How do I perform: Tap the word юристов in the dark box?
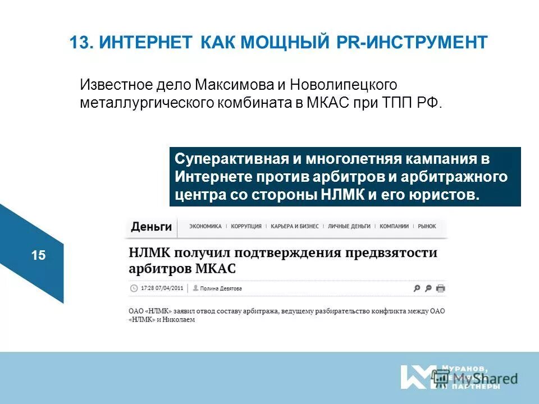click(450, 195)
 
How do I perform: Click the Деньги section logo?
click(151, 227)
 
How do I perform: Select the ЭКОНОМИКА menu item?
click(205, 226)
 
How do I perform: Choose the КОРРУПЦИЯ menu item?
click(246, 226)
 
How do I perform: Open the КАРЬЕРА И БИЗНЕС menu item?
click(294, 226)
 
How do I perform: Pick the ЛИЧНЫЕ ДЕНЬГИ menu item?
click(349, 226)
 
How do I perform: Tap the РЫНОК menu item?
click(427, 226)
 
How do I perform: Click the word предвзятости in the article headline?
click(390, 252)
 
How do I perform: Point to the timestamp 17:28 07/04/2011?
click(162, 288)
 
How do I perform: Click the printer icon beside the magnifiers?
click(441, 288)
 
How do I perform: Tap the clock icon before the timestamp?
click(134, 288)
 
